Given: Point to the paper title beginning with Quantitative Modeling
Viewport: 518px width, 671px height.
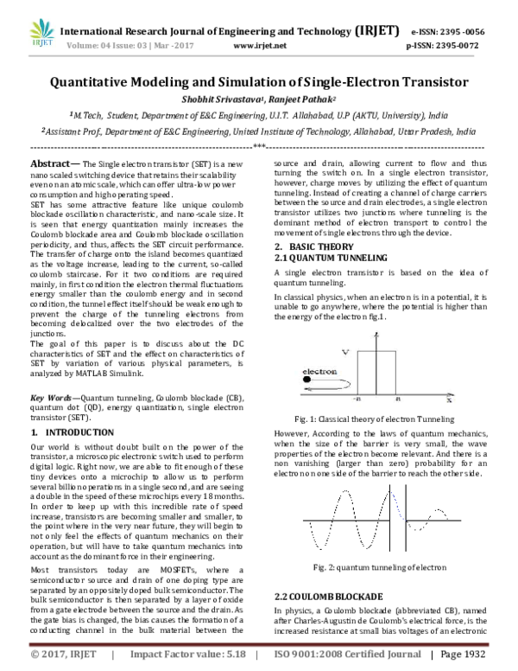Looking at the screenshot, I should coord(258,83).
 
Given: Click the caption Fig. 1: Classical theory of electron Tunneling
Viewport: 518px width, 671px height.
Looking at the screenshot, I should coord(373,418).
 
